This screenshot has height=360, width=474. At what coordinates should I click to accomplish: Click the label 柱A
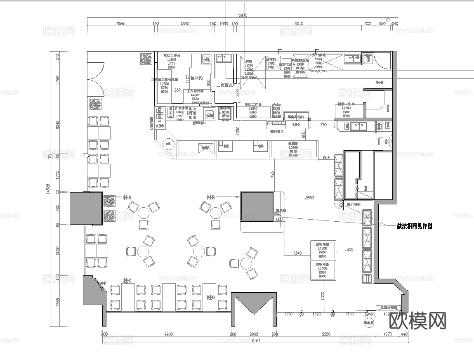coord(127,197)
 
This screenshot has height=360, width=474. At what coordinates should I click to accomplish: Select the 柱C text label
coord(127,280)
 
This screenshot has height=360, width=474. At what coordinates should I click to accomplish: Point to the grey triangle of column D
coord(253,303)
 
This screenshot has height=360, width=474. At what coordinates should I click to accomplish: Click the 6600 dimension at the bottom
coord(168,334)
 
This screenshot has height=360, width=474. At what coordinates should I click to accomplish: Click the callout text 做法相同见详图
coord(414,226)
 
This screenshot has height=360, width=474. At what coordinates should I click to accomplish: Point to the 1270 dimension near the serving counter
coord(322,124)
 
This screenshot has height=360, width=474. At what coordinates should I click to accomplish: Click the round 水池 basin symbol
coord(168,144)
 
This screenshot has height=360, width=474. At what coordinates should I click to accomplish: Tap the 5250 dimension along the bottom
coord(326,334)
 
